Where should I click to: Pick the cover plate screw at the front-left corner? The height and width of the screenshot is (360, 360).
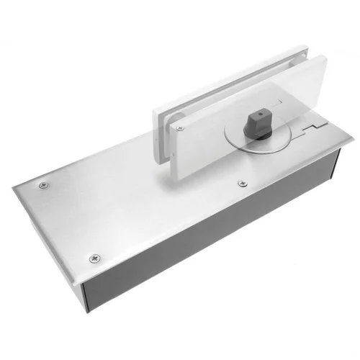(94, 257)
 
